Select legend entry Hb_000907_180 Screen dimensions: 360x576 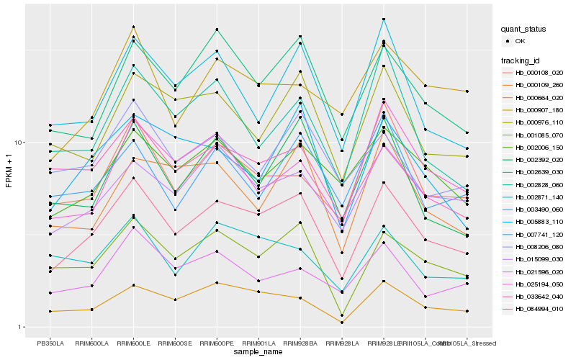coord(532,109)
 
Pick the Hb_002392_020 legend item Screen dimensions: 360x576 coord(532,160)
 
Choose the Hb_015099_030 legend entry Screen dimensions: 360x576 coord(532,259)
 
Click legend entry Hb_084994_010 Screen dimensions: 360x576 coord(532,309)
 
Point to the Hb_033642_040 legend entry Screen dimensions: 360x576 coord(532,297)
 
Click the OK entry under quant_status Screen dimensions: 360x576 coord(520,41)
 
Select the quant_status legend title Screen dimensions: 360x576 coord(525,30)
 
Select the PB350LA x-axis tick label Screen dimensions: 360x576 coord(50,343)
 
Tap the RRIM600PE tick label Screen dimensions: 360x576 coord(217,343)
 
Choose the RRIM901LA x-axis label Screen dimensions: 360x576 coord(258,343)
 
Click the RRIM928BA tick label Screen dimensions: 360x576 coord(300,343)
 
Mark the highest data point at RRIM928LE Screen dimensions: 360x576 coord(384,19)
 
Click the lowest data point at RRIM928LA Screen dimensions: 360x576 coord(342,323)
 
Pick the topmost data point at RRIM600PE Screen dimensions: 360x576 coord(217,30)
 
